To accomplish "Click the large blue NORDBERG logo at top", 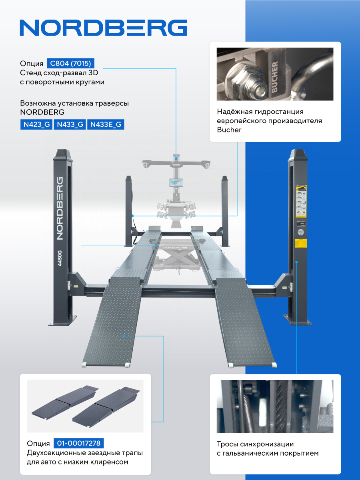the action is coord(103,28).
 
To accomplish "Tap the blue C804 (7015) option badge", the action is coord(70,64).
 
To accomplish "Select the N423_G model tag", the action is coord(36,124).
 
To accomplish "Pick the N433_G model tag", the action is coord(70,124).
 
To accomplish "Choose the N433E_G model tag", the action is coord(106,124).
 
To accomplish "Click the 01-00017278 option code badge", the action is coord(79,443).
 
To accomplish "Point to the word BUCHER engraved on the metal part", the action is coord(275,76).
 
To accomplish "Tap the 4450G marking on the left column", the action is coord(60,258).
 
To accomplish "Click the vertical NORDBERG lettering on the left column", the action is coord(60,208).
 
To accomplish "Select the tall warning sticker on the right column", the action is coord(301,201).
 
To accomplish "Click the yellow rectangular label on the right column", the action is coord(301,243).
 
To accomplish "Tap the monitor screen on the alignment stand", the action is coord(176,182).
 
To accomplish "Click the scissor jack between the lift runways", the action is coord(177,258).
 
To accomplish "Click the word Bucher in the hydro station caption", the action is coord(229,130).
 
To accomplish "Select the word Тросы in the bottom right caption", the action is coord(228,444).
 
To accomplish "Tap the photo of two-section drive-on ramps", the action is coord(85,406).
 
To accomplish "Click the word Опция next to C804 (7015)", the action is coord(32,64).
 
